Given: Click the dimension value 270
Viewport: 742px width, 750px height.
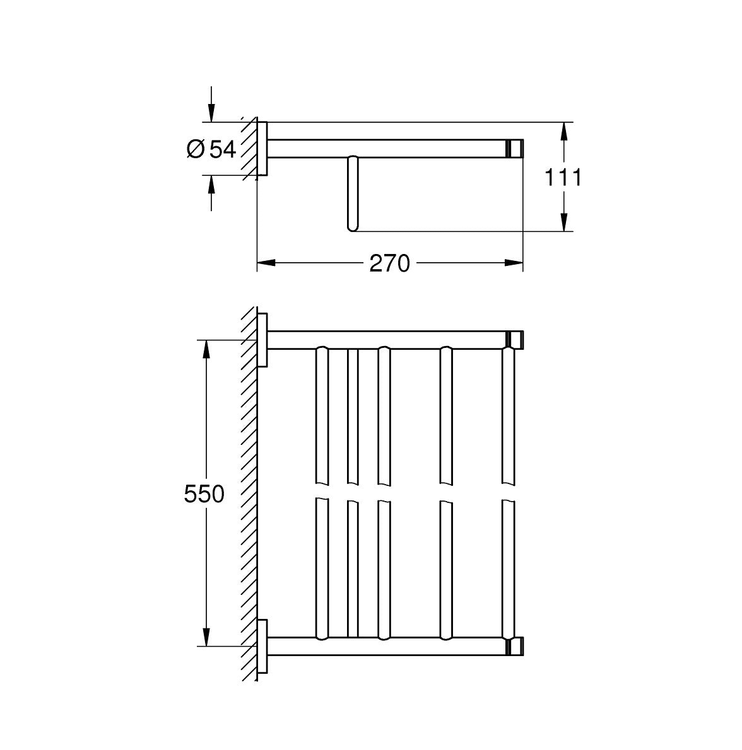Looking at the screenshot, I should coord(389,263).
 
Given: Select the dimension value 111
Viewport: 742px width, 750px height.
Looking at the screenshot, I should coord(563,177).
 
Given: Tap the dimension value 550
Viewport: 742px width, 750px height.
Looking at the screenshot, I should coord(204,493).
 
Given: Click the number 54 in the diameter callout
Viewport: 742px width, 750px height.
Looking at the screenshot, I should coord(223,149).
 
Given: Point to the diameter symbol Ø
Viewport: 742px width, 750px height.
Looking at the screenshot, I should coord(196,149).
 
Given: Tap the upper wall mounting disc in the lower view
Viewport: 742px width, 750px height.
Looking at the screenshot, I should coord(263,340).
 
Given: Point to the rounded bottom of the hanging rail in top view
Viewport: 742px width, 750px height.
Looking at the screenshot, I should coord(352,225).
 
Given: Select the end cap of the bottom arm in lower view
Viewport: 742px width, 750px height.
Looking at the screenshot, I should coord(515,647).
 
